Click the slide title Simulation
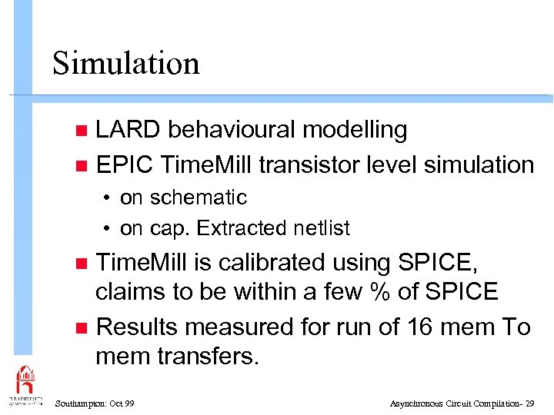tap(126, 63)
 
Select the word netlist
tap(322, 228)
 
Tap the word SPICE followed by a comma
tap(438, 263)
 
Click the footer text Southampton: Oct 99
tap(95, 403)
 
